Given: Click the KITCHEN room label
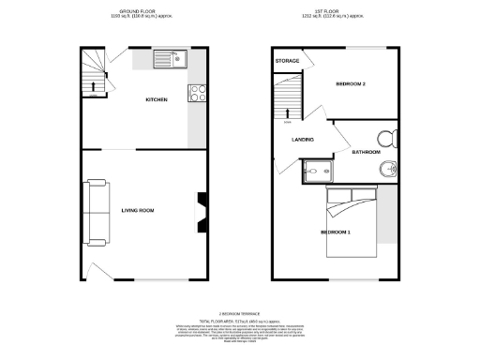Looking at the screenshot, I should click(x=156, y=100).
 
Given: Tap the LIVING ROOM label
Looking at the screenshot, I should click(x=137, y=210).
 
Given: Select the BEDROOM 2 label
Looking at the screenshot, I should click(x=351, y=84).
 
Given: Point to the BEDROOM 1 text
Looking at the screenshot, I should click(x=336, y=232).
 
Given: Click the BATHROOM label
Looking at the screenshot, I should click(x=365, y=152).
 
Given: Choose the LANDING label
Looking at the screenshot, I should click(x=302, y=140).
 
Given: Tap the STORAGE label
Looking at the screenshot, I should click(x=287, y=61).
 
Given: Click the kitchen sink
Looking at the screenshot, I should click(x=172, y=59).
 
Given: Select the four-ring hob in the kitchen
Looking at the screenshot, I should click(x=198, y=92).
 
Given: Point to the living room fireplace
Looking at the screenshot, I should click(x=201, y=211).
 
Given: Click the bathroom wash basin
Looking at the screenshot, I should click(x=389, y=169).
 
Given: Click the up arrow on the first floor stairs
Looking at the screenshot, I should click(x=287, y=114).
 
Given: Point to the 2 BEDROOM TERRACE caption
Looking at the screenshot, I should click(x=239, y=313).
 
